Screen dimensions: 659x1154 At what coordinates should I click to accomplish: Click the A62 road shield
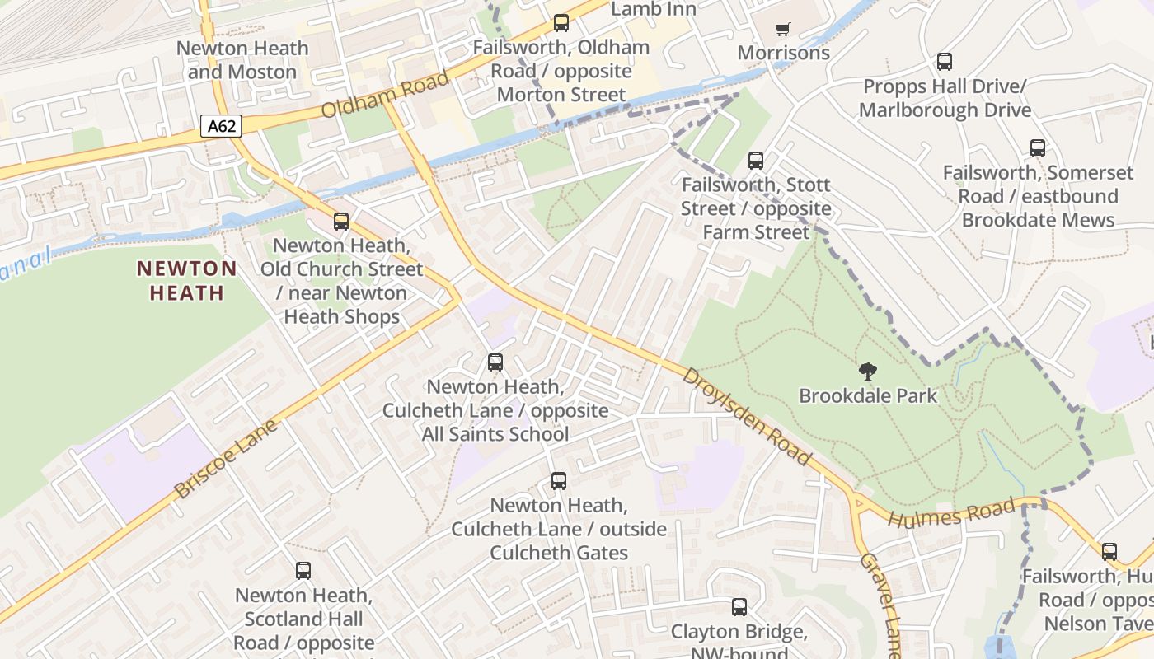222,127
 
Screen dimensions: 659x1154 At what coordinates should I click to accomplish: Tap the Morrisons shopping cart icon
782,29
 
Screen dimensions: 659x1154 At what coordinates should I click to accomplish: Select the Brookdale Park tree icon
867,372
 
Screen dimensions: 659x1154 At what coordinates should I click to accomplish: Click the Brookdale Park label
868,396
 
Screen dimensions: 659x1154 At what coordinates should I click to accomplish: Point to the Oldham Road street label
385,94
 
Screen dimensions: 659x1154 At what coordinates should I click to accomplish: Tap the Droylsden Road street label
747,416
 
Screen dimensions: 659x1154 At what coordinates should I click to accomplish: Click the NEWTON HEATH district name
186,280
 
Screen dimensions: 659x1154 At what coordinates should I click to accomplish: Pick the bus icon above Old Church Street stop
341,221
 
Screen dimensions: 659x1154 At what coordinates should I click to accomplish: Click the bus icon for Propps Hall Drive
945,62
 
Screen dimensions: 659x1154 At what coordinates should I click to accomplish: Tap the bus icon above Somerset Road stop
1038,148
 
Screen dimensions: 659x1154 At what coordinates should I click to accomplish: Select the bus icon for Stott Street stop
756,161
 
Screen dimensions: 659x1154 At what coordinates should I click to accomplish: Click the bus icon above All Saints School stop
495,362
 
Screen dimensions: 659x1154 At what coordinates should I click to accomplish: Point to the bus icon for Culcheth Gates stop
559,481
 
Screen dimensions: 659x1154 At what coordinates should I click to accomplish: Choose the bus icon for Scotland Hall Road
303,570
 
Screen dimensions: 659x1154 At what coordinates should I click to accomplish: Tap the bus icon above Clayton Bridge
739,607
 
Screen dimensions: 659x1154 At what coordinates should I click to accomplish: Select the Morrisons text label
783,54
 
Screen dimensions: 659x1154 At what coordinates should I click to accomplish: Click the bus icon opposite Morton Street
561,23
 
